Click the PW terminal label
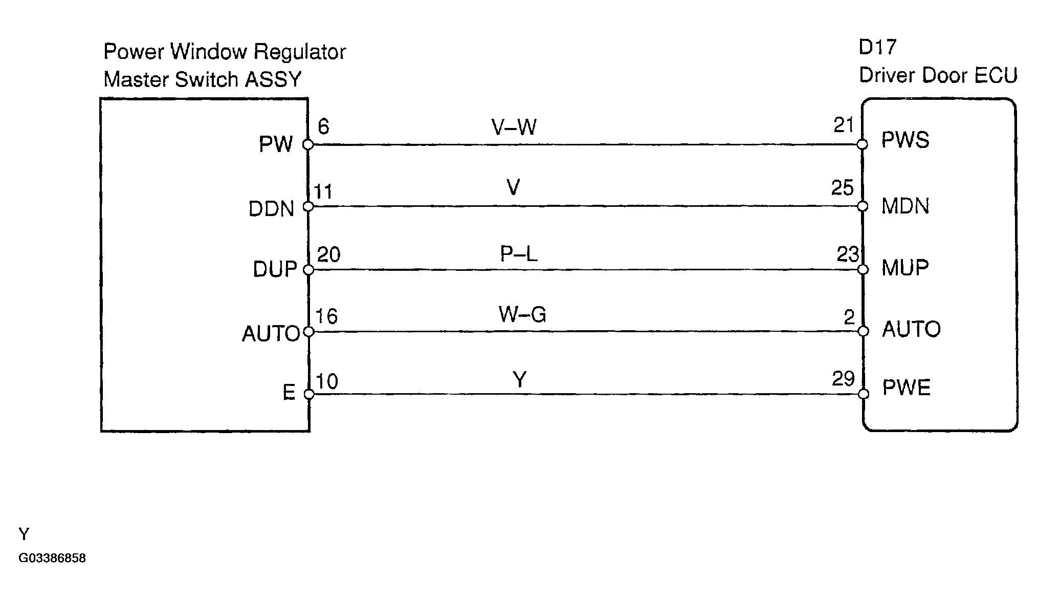(276, 145)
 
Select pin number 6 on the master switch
(323, 126)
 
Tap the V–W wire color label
(514, 126)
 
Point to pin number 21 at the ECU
(844, 125)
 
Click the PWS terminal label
(905, 140)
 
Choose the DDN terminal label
(271, 209)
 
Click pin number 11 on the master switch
(323, 191)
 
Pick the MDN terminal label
(905, 206)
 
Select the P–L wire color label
(518, 254)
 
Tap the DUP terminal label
(275, 269)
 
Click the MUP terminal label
(904, 268)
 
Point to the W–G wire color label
(522, 314)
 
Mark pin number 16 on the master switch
(326, 316)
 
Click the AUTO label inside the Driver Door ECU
(911, 329)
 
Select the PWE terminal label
(906, 388)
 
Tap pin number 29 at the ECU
(843, 379)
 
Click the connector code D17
(877, 47)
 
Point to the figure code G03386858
(52, 558)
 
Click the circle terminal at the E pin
(309, 394)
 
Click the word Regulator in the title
(300, 52)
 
